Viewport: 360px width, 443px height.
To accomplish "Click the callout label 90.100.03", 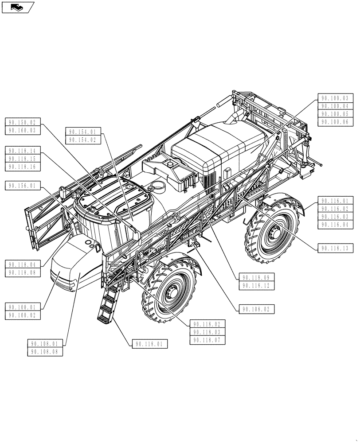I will (x=335, y=98).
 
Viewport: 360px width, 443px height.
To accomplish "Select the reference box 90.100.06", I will (x=335, y=121).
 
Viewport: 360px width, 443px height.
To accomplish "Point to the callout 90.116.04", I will (x=335, y=225).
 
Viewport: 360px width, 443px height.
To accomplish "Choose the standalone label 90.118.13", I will (x=335, y=249).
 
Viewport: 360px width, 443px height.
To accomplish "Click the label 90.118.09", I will (x=256, y=278).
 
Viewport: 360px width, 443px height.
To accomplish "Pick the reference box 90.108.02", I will (x=256, y=309).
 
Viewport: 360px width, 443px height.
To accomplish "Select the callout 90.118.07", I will (x=207, y=340).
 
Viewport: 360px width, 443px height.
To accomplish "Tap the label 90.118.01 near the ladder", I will (x=149, y=344).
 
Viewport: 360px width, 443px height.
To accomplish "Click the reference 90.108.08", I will (x=45, y=352).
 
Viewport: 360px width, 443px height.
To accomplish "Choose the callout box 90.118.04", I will (x=23, y=265).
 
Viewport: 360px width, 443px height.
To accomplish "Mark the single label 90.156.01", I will (x=23, y=186).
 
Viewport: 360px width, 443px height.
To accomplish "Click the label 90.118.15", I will (x=23, y=159).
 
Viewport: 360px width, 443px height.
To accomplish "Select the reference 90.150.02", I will (x=23, y=122).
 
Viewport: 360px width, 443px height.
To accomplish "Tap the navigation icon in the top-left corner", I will (x=17, y=7).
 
